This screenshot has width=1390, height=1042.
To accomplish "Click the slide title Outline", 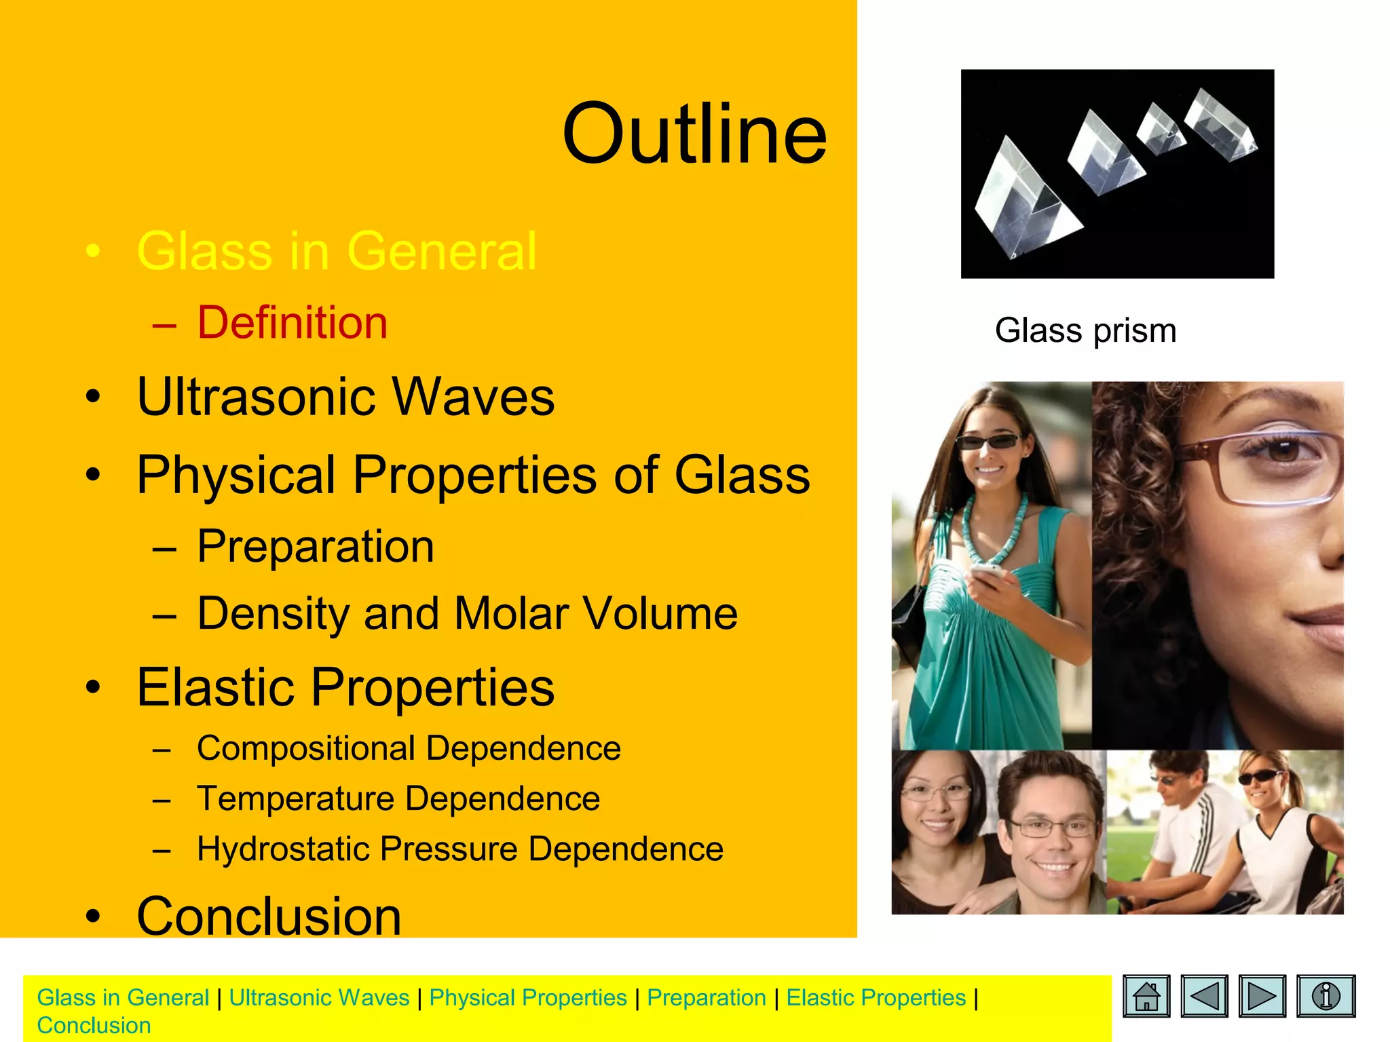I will click(694, 134).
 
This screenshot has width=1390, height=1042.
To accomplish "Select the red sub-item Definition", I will click(292, 322).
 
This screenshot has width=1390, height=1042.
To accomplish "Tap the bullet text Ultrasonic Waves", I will click(345, 396).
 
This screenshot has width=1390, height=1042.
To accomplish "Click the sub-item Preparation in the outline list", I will click(315, 546).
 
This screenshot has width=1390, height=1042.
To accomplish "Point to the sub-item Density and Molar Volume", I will click(467, 613).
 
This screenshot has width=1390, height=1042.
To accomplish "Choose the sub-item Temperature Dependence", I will click(398, 798).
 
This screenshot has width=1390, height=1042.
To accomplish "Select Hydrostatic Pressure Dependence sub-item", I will click(459, 849).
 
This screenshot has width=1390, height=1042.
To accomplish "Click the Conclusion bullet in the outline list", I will click(269, 916).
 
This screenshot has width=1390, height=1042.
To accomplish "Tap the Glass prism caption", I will click(1085, 331).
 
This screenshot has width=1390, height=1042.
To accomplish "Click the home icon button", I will click(1146, 997).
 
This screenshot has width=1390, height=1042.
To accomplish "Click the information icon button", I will click(1326, 997).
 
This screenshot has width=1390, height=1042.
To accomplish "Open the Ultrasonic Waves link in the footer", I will click(319, 998).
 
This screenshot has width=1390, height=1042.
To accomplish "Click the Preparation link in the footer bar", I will click(706, 998).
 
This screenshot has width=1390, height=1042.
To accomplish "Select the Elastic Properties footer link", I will click(876, 998).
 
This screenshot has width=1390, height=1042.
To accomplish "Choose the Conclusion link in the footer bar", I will click(94, 1026).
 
